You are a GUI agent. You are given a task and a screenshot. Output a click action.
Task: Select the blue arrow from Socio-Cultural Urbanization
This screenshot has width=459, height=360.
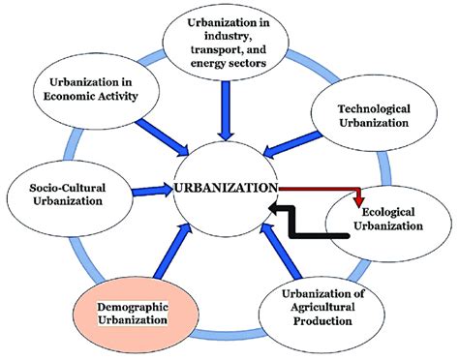153,190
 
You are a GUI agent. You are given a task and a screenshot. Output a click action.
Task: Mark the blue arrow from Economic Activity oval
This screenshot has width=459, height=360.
159,135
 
